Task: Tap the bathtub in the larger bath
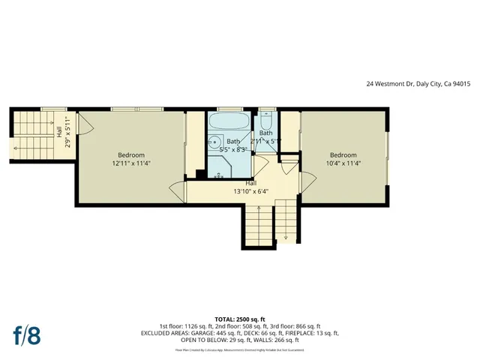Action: pos(229,121)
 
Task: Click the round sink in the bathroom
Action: pos(214,141)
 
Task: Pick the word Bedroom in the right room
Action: pos(343,154)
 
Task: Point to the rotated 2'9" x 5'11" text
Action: pos(67,132)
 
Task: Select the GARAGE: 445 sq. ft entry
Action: pos(214,332)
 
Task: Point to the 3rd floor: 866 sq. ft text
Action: pos(295,326)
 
